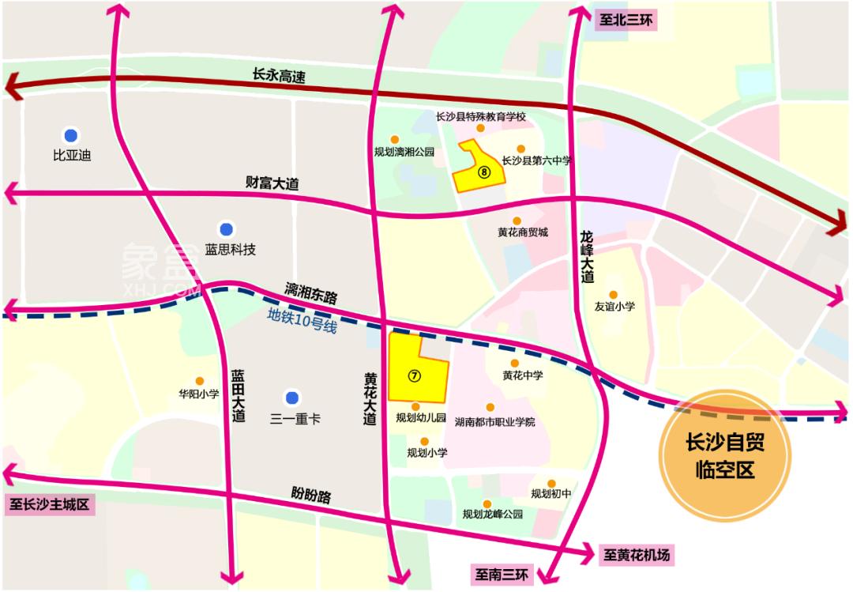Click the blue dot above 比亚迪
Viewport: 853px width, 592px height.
71,134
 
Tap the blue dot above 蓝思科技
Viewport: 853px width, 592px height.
227,230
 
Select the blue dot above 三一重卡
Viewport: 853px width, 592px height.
292,397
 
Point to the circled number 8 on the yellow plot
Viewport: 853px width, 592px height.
485,170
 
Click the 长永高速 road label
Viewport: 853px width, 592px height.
278,76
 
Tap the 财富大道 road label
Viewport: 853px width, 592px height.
272,184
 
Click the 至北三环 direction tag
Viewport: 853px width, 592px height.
623,21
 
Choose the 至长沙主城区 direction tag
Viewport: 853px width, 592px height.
50,504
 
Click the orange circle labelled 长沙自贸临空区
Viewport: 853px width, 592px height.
725,457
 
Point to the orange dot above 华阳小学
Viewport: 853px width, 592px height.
200,380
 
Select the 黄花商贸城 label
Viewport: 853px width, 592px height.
522,233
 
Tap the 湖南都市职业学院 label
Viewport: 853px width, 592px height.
495,421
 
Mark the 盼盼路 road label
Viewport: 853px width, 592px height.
310,496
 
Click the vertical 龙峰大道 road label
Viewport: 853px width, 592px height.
586,257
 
